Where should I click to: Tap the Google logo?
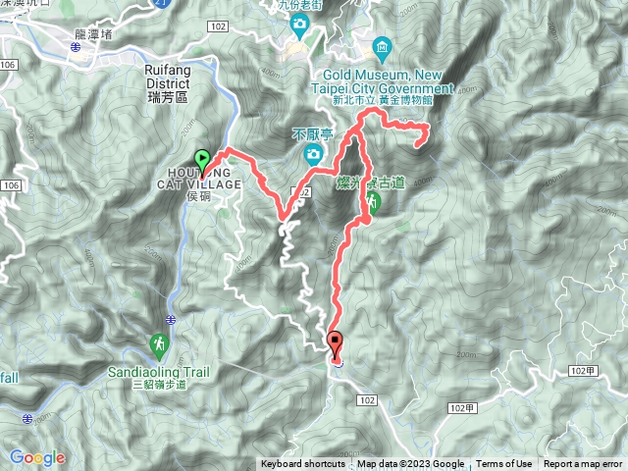[37, 457]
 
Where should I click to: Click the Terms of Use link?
[504, 464]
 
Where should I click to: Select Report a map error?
[583, 464]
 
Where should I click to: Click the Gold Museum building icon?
[381, 46]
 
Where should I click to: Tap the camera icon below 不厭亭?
[312, 153]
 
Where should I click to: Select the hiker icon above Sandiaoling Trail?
[159, 344]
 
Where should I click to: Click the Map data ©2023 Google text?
[410, 464]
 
